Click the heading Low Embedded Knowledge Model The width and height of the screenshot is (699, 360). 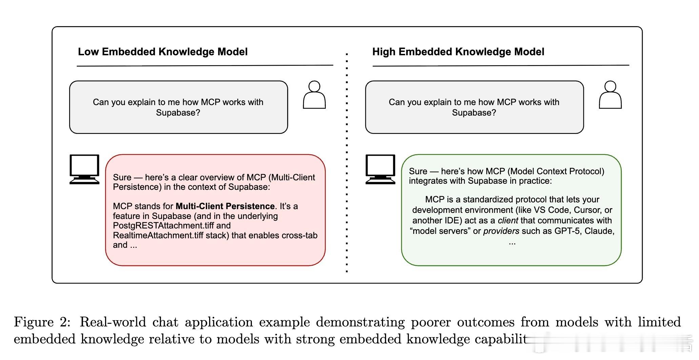(163, 52)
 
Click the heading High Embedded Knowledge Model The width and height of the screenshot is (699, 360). (458, 52)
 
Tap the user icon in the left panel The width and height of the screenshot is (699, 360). (314, 95)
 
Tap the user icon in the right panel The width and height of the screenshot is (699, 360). (610, 95)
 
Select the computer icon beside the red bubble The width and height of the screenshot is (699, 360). (84, 169)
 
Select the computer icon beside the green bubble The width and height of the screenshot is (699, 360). (380, 169)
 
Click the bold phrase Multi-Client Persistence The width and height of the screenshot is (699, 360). (225, 206)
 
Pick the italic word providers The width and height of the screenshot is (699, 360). (501, 231)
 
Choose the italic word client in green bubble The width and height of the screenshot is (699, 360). (508, 220)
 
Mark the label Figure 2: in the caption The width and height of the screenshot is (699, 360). (42, 322)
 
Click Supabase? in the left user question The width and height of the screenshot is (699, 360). (178, 113)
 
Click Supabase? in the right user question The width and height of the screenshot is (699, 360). (474, 113)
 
